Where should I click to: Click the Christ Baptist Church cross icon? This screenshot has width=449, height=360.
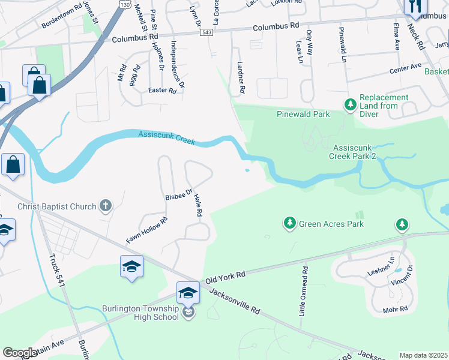tap(105, 206)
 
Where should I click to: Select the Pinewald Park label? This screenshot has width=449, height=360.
tap(304, 114)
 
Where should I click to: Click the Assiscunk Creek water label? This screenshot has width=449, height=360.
tap(167, 137)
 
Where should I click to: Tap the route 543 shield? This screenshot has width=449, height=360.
tap(207, 32)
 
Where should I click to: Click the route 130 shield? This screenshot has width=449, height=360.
tap(124, 5)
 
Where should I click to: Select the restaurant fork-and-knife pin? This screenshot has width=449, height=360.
tap(414, 6)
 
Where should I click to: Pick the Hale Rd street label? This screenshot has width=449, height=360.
tap(198, 205)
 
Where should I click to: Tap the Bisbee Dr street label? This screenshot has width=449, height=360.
tap(178, 194)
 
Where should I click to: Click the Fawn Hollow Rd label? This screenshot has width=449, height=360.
tap(146, 230)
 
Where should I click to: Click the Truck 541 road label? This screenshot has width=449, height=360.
tap(57, 277)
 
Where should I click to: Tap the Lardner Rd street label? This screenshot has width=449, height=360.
tap(241, 78)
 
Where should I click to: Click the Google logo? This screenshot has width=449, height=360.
tap(20, 353)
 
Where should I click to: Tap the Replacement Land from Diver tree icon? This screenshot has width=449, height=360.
tap(350, 105)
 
